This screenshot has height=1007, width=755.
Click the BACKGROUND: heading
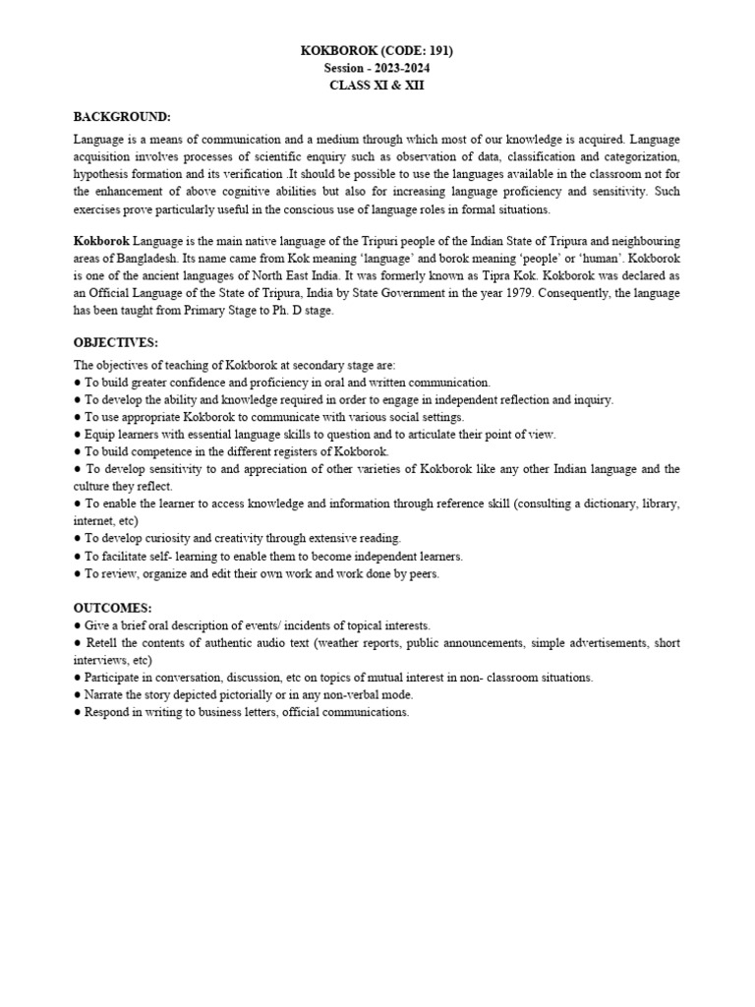[122, 116]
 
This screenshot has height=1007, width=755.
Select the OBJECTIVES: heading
[116, 342]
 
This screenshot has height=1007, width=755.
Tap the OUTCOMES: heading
[113, 608]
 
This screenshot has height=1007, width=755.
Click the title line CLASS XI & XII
[377, 86]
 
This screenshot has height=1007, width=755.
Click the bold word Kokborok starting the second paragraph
[101, 241]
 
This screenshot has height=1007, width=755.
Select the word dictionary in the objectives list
[607, 503]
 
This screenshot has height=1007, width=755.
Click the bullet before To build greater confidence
[78, 382]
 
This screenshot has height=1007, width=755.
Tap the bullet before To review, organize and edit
[78, 573]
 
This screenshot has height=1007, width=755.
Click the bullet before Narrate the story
[78, 694]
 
